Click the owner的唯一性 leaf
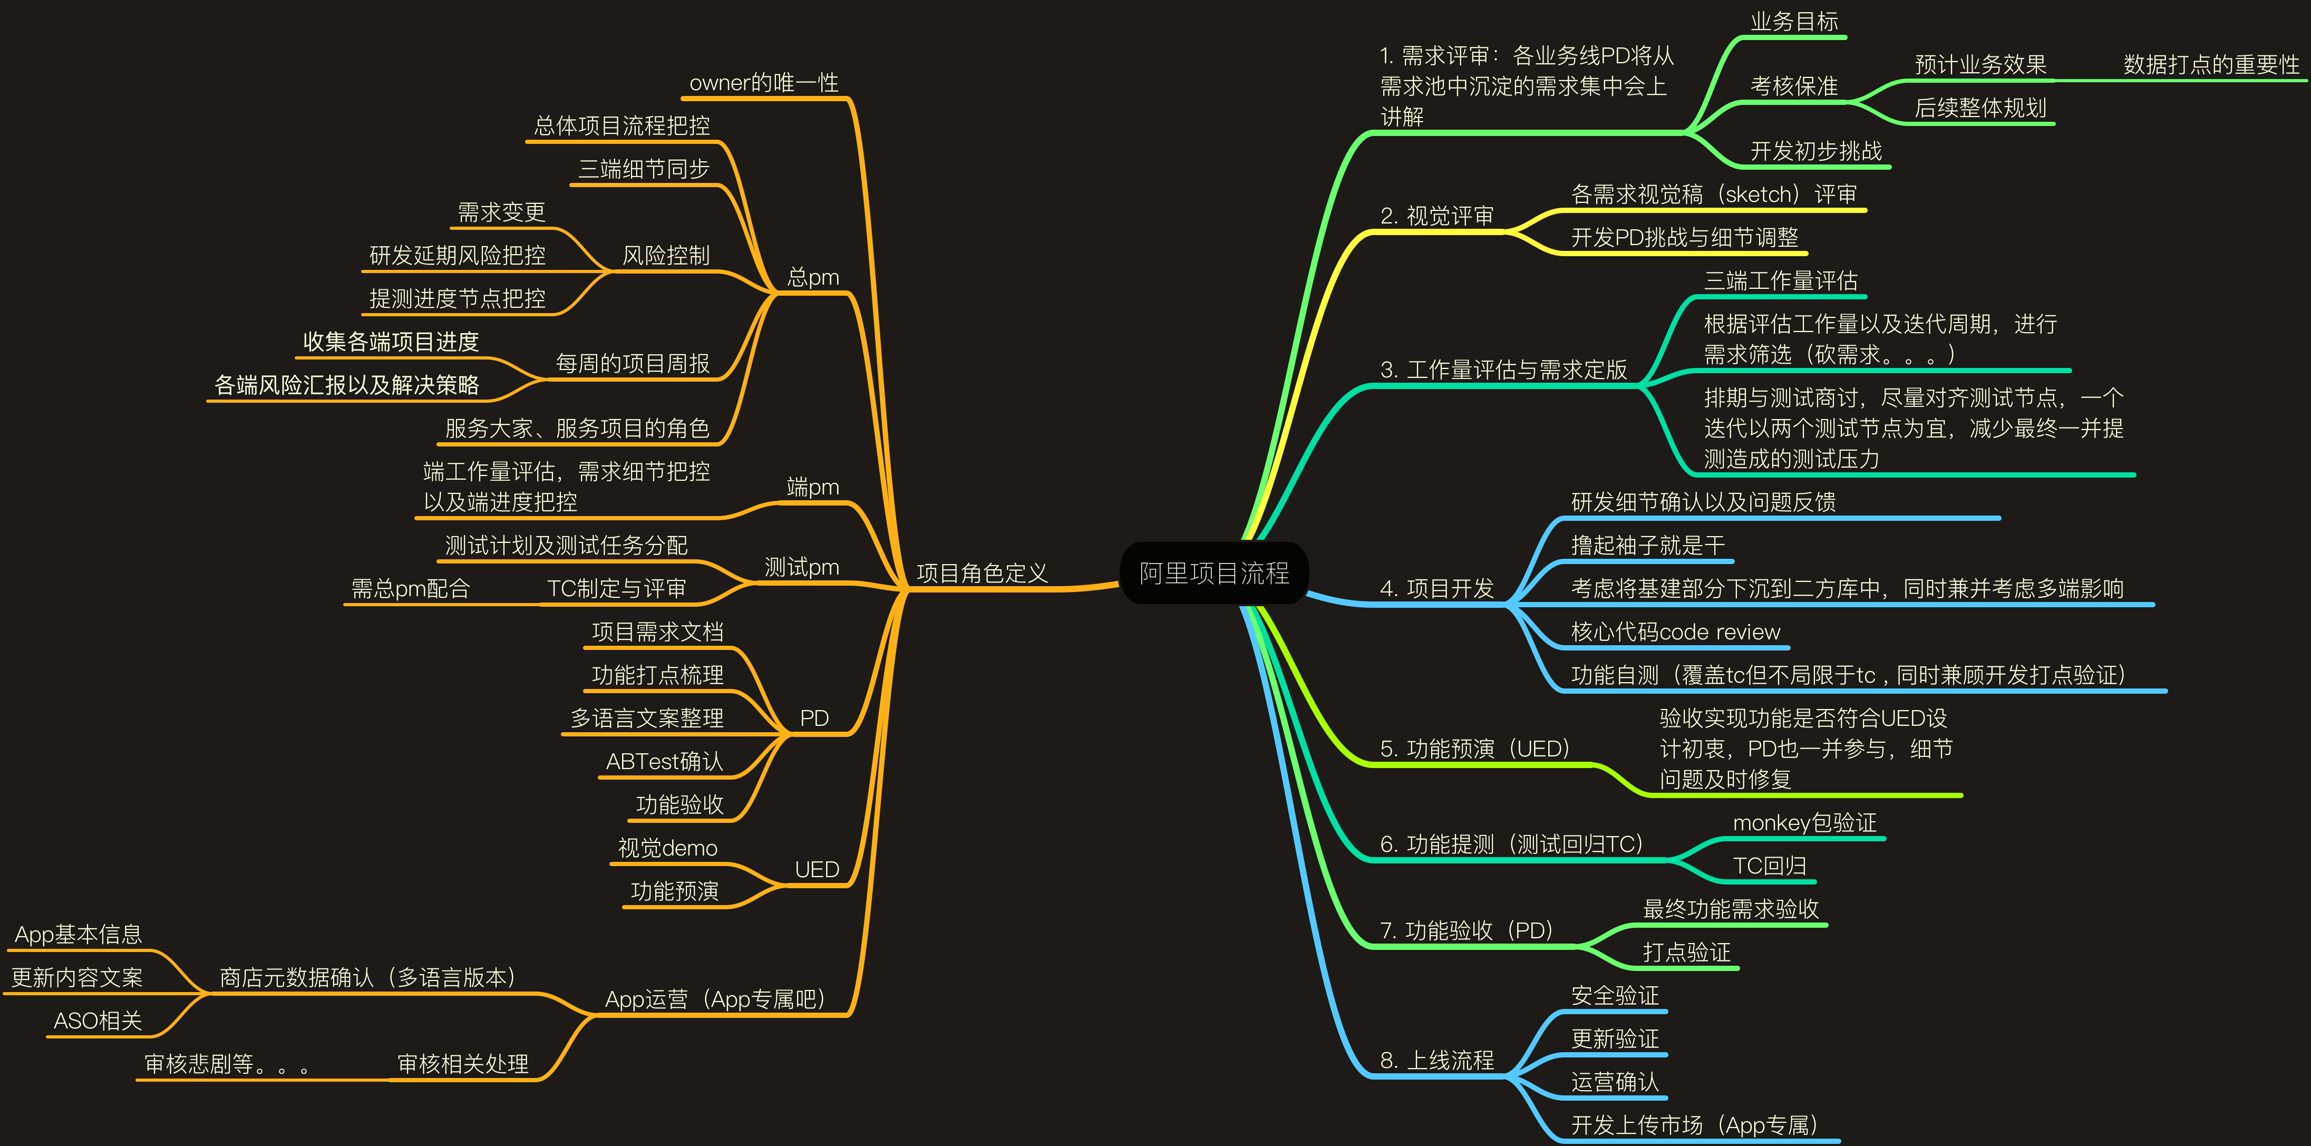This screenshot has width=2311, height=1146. [763, 83]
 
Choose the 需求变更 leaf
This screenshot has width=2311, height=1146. [501, 212]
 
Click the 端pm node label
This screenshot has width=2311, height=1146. [813, 487]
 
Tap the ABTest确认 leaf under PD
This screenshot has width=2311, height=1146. [664, 761]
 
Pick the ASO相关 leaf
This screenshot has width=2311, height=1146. [98, 1021]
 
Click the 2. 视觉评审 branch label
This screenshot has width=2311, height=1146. [1436, 216]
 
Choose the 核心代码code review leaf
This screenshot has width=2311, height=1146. [1675, 632]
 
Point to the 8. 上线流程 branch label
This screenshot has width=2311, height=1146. [1436, 1060]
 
